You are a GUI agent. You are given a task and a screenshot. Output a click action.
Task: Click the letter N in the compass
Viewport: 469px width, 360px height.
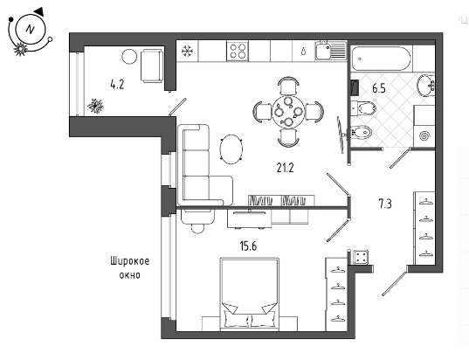pos(30,30)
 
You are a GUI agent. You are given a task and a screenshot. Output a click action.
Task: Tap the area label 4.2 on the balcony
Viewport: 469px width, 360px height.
pos(117,85)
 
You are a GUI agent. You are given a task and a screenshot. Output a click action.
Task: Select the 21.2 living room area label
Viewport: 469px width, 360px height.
pos(285,168)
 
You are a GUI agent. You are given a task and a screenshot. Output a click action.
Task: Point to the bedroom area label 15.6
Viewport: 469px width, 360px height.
pos(248,246)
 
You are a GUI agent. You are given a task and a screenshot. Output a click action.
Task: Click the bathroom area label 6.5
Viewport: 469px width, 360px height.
pos(379,88)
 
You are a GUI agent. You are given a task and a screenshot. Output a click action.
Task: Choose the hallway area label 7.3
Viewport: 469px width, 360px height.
pos(385,204)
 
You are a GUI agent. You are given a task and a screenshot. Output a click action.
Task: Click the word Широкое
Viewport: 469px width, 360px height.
pos(130,261)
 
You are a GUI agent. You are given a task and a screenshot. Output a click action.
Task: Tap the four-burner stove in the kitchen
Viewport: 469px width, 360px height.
pos(238,52)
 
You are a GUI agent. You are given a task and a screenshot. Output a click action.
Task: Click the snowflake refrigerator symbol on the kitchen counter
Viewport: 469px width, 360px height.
pos(187,52)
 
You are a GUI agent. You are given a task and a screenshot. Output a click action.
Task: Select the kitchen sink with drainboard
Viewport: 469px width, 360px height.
pos(330,51)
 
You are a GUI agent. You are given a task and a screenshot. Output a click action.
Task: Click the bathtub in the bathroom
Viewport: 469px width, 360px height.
pos(381,59)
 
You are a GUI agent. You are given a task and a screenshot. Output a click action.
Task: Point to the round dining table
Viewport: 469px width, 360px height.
pos(288,112)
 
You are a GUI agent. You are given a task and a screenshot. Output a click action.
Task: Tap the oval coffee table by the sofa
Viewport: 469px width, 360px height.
pos(231,149)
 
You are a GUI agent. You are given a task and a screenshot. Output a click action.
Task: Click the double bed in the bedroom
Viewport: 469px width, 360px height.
pos(250,294)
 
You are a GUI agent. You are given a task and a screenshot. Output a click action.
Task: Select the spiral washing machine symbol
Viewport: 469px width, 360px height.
pos(424,136)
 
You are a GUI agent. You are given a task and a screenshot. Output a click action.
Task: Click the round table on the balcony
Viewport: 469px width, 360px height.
pos(129,56)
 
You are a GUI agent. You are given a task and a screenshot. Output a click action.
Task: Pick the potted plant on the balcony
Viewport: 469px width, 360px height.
pos(95,106)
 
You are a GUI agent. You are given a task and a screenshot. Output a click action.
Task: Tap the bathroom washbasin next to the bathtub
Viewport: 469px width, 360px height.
pos(426,87)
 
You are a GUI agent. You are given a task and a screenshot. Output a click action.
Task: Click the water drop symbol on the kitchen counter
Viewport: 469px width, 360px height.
pos(304,52)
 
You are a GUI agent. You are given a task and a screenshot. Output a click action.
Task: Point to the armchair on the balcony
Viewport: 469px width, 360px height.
pos(152,66)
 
